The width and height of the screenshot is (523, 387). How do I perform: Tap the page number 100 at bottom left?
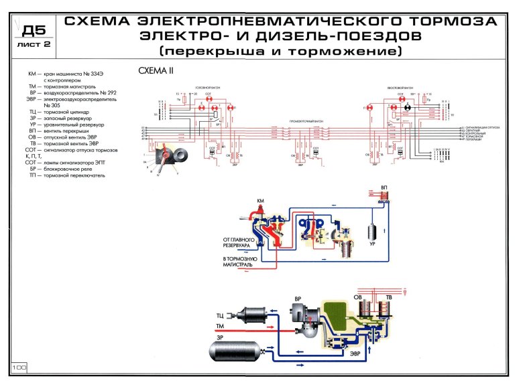pyautogui.click(x=18, y=368)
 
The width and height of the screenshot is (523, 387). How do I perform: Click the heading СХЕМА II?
pyautogui.click(x=156, y=70)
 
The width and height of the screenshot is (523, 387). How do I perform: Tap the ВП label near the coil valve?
pyautogui.click(x=384, y=188)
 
